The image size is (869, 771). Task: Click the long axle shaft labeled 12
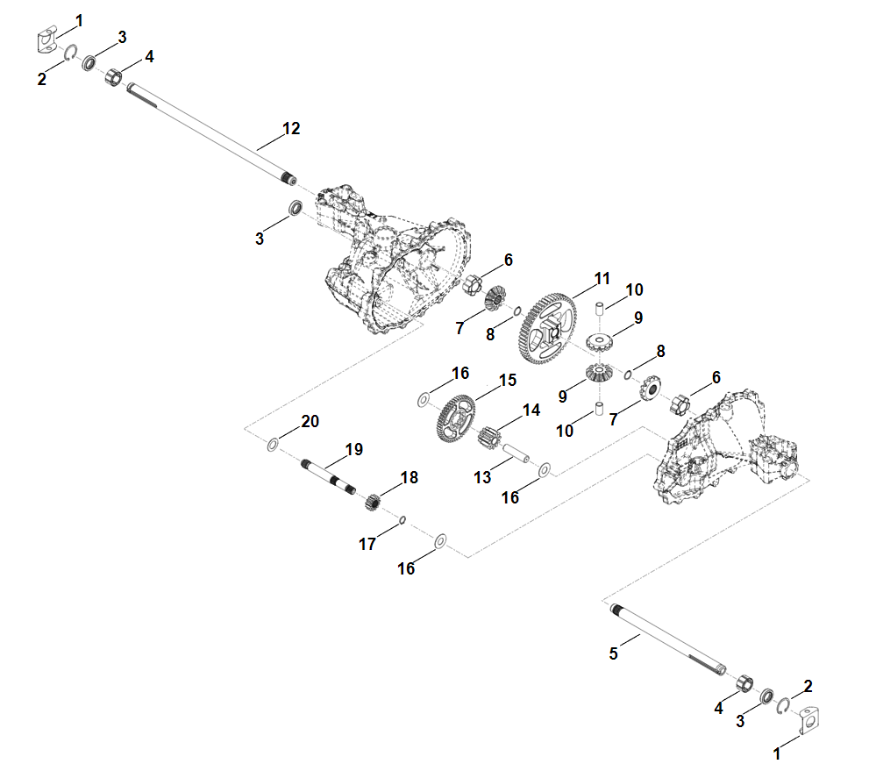click(210, 132)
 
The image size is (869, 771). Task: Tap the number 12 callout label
click(291, 129)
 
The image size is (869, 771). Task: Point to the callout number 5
click(614, 653)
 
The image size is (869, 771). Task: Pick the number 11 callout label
click(602, 278)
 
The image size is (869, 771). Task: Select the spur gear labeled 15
click(455, 419)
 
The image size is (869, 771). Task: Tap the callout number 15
click(508, 380)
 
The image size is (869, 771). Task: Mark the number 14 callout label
click(531, 410)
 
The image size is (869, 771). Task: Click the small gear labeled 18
click(372, 503)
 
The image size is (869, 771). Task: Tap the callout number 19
click(353, 449)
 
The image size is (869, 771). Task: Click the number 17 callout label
click(367, 545)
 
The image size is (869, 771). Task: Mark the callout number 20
click(310, 421)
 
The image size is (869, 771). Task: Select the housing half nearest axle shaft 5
click(728, 456)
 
